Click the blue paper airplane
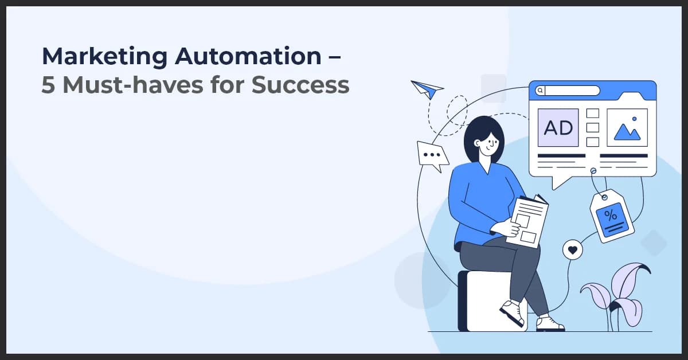click(x=427, y=89)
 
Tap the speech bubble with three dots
click(x=432, y=155)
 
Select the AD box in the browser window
click(x=558, y=127)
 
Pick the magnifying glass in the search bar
click(x=540, y=91)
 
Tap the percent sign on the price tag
click(x=611, y=216)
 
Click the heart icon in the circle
click(x=572, y=249)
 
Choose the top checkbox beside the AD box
click(x=593, y=114)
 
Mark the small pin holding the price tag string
click(x=593, y=170)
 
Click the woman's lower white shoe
click(x=549, y=323)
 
